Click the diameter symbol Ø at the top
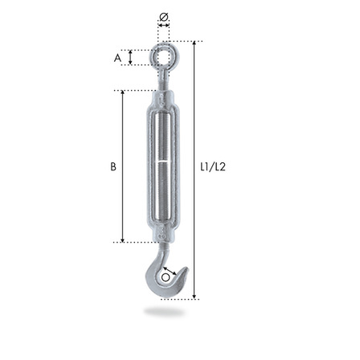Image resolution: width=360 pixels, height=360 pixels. (x=164, y=17)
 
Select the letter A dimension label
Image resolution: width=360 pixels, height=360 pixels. (x=117, y=58)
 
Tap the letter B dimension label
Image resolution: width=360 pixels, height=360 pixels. (x=113, y=166)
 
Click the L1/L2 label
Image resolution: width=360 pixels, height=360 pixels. (x=213, y=167)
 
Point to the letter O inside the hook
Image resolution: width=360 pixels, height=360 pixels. (x=166, y=277)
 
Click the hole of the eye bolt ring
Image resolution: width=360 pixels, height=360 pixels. (x=164, y=57)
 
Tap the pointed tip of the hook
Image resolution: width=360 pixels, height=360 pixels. (x=186, y=268)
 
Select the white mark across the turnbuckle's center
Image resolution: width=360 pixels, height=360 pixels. (x=164, y=162)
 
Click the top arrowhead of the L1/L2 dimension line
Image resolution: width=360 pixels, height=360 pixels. (x=194, y=43)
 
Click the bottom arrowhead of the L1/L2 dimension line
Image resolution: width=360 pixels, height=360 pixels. (x=194, y=297)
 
